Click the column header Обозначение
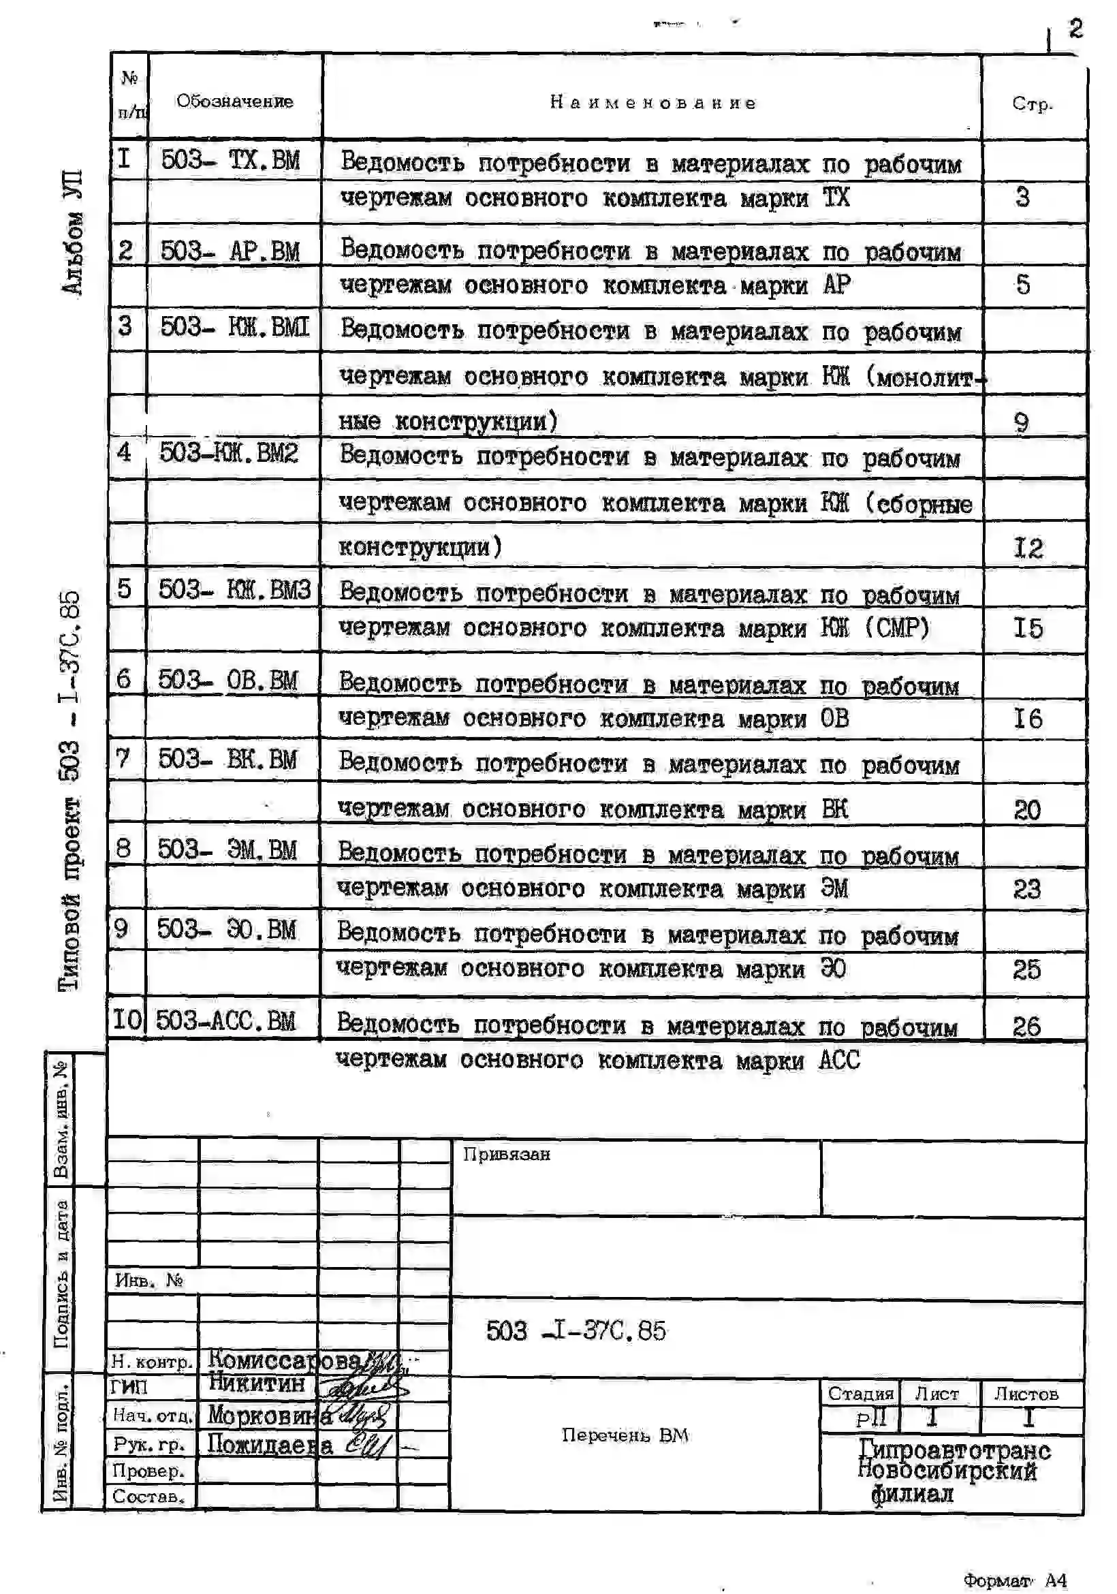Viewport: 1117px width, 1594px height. [x=235, y=101]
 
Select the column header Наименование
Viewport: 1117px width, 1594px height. [x=652, y=103]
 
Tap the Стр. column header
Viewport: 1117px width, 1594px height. [x=1033, y=104]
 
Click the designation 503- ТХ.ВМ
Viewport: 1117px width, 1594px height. [x=230, y=160]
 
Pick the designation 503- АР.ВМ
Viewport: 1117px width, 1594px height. [x=230, y=251]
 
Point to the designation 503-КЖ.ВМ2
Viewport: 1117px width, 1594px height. [x=229, y=454]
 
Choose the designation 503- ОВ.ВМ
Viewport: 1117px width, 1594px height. [x=227, y=680]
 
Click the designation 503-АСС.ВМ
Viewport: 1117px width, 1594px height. [x=225, y=1020]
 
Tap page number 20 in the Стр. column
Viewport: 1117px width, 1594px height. [x=1026, y=809]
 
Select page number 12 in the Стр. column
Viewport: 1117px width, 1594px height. [x=1028, y=548]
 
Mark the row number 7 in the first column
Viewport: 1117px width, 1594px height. [x=123, y=758]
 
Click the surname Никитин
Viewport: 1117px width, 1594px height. [x=257, y=1384]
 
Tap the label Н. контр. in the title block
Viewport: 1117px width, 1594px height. [x=152, y=1362]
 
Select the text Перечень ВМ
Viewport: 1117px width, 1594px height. [x=625, y=1435]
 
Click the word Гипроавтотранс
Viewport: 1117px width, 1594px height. [x=954, y=1450]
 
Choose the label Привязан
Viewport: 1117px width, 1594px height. [x=507, y=1154]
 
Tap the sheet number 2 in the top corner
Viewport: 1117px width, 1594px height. [x=1075, y=29]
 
